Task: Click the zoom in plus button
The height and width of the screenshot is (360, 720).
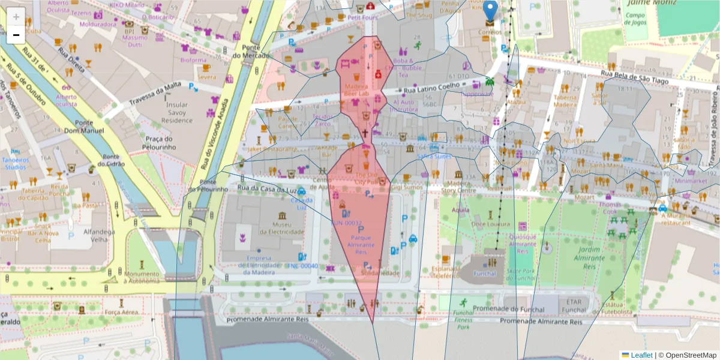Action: coord(16,17)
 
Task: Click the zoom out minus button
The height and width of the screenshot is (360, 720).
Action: coord(16,35)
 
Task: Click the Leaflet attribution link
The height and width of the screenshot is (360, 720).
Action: coord(637,355)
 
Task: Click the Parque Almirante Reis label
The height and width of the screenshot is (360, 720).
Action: coord(361,245)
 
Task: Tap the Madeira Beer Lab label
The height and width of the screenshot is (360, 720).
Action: coord(356,89)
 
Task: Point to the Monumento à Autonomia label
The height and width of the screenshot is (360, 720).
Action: coord(142,277)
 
